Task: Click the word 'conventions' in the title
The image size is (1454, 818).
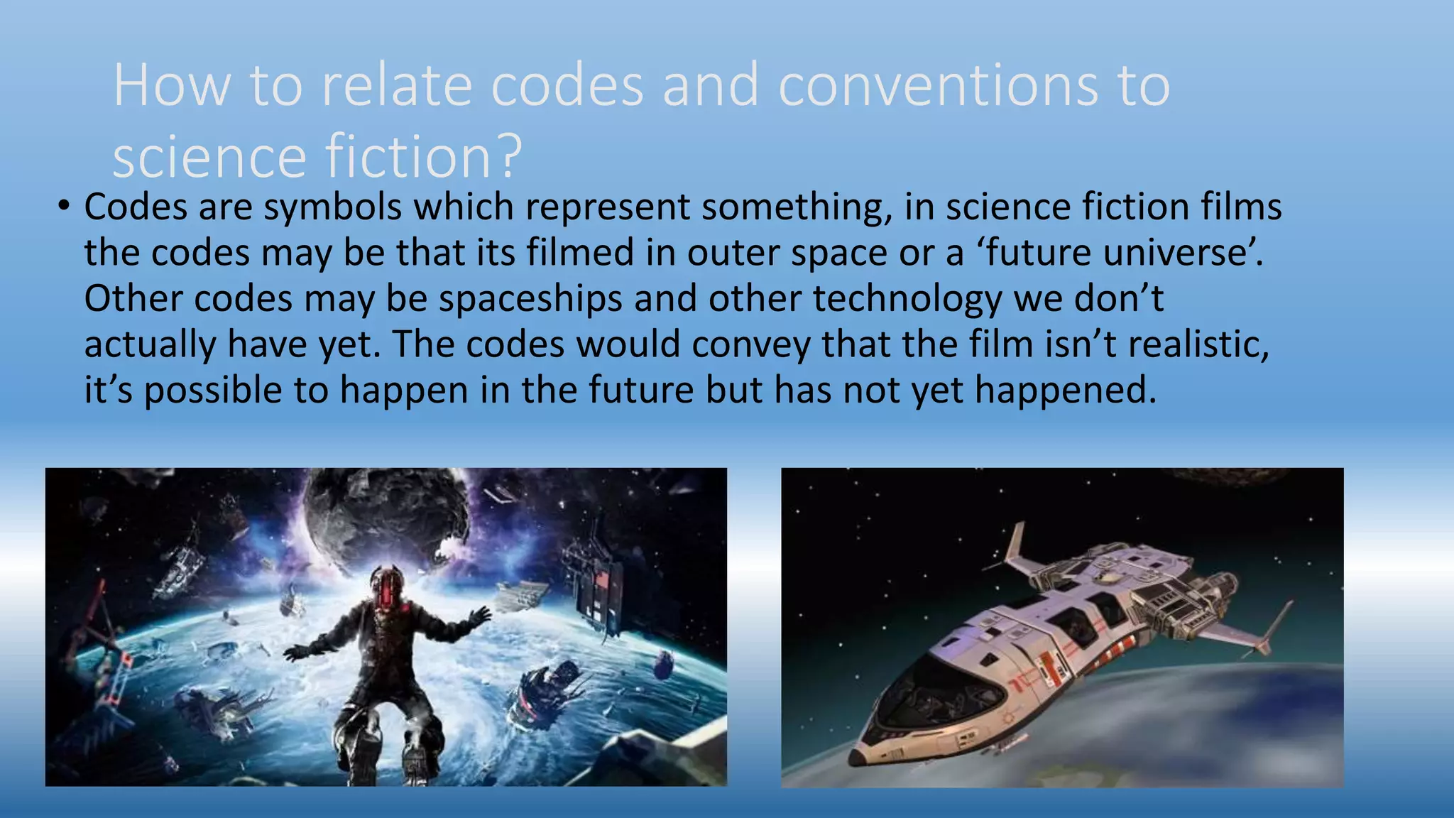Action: (938, 86)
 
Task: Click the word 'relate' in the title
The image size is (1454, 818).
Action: (397, 86)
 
